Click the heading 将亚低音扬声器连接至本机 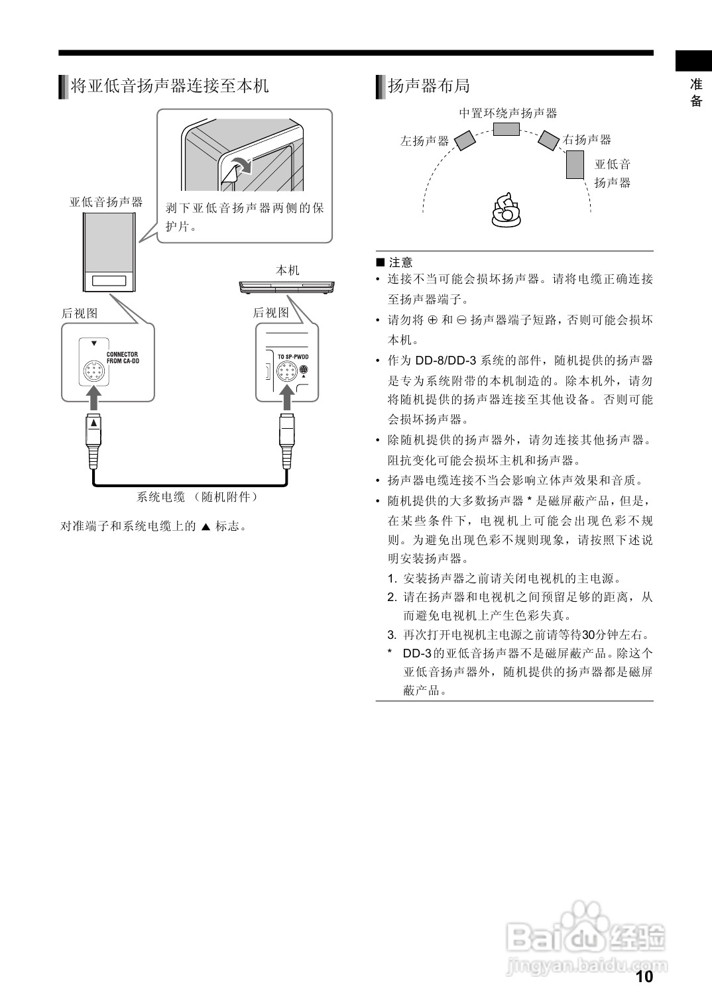pyautogui.click(x=169, y=86)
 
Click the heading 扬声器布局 pyautogui.click(x=428, y=86)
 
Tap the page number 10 pyautogui.click(x=644, y=976)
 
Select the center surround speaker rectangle pyautogui.click(x=506, y=128)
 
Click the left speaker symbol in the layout pyautogui.click(x=465, y=140)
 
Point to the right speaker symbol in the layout pyautogui.click(x=549, y=140)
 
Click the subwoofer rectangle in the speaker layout pyautogui.click(x=574, y=164)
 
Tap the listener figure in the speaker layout pyautogui.click(x=506, y=210)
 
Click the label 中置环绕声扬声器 pyautogui.click(x=508, y=113)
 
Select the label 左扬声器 pyautogui.click(x=424, y=141)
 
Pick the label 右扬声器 pyautogui.click(x=587, y=140)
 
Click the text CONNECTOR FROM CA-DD pyautogui.click(x=122, y=358)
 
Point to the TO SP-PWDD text pyautogui.click(x=293, y=357)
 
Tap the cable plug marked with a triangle pyautogui.click(x=95, y=431)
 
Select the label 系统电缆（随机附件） pyautogui.click(x=198, y=497)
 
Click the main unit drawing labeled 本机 pyautogui.click(x=288, y=287)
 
